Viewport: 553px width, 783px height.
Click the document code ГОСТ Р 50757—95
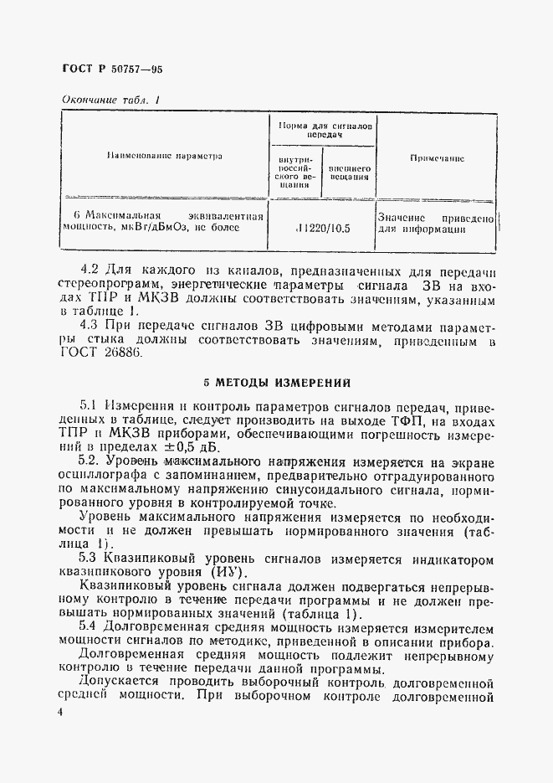tap(113, 70)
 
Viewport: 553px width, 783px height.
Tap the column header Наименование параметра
tap(163, 156)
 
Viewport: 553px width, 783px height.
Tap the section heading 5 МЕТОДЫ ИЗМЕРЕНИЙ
tap(278, 384)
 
